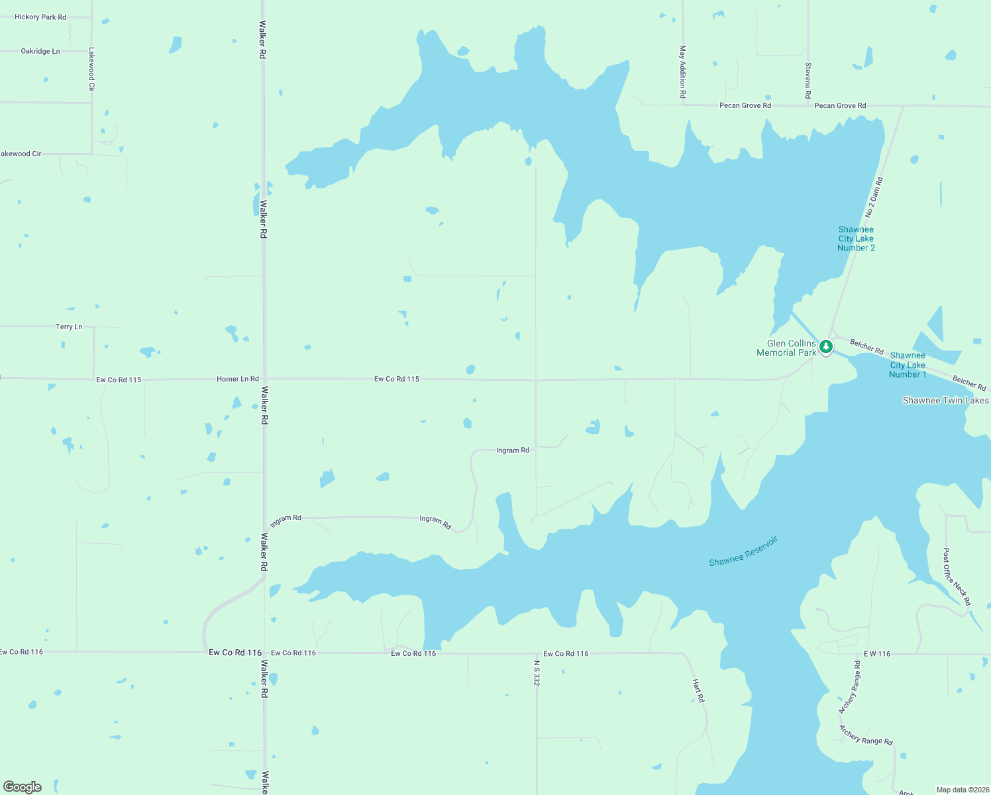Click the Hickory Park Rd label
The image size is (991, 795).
point(40,17)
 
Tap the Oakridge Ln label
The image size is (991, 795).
point(40,51)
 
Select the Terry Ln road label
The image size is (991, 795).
point(69,327)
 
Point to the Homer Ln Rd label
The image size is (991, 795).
point(238,379)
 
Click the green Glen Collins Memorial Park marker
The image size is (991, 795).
point(826,346)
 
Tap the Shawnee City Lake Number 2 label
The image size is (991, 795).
point(856,238)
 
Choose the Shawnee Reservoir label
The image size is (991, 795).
point(743,551)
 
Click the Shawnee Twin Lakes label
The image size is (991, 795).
point(945,400)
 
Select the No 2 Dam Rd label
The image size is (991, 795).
point(874,197)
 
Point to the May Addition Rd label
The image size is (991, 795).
point(682,72)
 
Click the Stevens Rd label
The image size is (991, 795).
point(808,81)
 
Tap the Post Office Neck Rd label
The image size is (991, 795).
point(957,576)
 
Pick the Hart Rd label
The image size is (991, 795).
point(698,690)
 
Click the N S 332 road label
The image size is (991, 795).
point(537,672)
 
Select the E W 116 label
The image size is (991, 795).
point(877,654)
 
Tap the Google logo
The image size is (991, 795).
point(23,787)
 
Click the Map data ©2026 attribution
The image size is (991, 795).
point(962,790)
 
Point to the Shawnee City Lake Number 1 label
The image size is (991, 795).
point(908,365)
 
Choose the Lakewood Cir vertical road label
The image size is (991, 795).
point(91,69)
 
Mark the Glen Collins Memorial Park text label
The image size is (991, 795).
point(786,348)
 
